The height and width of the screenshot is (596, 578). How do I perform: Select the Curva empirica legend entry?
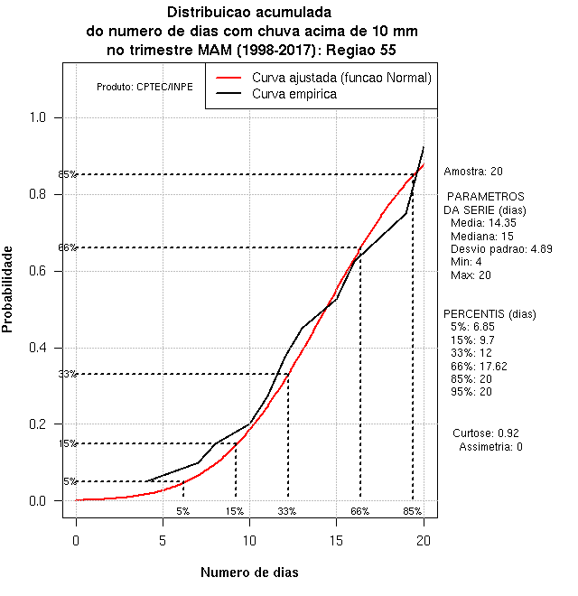pyautogui.click(x=294, y=94)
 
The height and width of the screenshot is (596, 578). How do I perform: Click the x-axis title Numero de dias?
pyautogui.click(x=249, y=573)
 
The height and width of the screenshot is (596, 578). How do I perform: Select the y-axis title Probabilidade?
pyautogui.click(x=8, y=289)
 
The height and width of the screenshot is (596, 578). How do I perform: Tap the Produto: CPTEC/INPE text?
pyautogui.click(x=144, y=88)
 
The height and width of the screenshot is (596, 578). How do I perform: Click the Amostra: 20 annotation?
pyautogui.click(x=473, y=171)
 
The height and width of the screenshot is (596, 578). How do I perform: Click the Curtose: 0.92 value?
pyautogui.click(x=489, y=433)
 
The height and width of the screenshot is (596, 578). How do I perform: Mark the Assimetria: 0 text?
pyautogui.click(x=490, y=447)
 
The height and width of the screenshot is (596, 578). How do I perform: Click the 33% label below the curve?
pyautogui.click(x=287, y=511)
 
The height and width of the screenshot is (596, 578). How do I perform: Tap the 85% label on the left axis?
pyautogui.click(x=68, y=174)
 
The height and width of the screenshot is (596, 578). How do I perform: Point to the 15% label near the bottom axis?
pyautogui.click(x=235, y=511)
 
